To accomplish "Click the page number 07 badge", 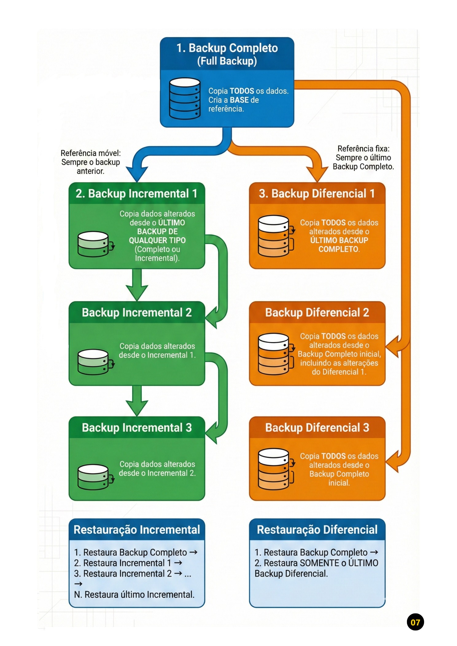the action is point(415,622).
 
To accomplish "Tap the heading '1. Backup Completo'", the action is point(227,48).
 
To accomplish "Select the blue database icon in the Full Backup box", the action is point(185,99).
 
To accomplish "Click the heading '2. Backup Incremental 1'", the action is point(136,194).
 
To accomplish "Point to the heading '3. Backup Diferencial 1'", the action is point(317,194).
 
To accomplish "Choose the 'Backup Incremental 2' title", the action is point(137,312).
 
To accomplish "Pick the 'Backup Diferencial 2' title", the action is point(317,312).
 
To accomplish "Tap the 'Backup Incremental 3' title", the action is point(137,427).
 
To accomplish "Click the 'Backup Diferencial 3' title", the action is point(317,427).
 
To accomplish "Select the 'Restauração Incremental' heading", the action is point(137,530).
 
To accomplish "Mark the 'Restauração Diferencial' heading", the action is point(317,530).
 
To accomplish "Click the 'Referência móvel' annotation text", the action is point(91,162).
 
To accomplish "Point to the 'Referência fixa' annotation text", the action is point(363,157).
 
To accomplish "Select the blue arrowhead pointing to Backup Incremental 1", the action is point(137,174).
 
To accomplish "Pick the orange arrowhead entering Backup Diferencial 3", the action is point(393,461).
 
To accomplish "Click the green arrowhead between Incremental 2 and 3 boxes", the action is point(137,408).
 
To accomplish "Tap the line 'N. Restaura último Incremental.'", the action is point(134,595).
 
